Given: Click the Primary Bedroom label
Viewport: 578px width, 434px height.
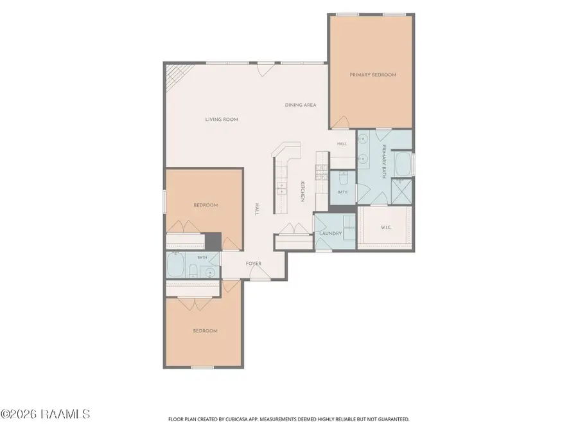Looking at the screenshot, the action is tap(372, 75).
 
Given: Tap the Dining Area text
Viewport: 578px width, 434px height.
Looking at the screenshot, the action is tap(301, 105).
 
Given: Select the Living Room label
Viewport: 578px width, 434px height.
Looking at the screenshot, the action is tap(222, 119).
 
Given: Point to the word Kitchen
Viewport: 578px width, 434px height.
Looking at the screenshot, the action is tap(302, 192).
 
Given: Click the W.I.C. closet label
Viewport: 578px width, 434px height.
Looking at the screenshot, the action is tap(386, 228).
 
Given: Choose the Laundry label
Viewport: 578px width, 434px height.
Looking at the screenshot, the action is tap(331, 233).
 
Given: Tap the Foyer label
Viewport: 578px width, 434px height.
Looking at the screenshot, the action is tap(254, 263).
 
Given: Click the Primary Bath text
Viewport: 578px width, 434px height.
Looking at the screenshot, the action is tap(384, 161).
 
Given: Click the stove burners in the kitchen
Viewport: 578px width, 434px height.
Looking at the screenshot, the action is tap(321, 172).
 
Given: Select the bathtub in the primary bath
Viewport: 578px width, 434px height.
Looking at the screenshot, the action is tap(403, 165).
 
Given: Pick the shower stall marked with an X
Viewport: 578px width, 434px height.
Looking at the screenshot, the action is tap(401, 191).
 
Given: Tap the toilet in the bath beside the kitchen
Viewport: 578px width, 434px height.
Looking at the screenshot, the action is tap(343, 179).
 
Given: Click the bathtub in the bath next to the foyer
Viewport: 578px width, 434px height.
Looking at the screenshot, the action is tap(175, 265).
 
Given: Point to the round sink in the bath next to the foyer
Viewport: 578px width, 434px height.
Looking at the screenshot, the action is tap(210, 273).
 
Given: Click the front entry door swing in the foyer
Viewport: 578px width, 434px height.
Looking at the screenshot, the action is tap(259, 272).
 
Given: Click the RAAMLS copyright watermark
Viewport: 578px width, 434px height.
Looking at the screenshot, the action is tap(45, 413).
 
